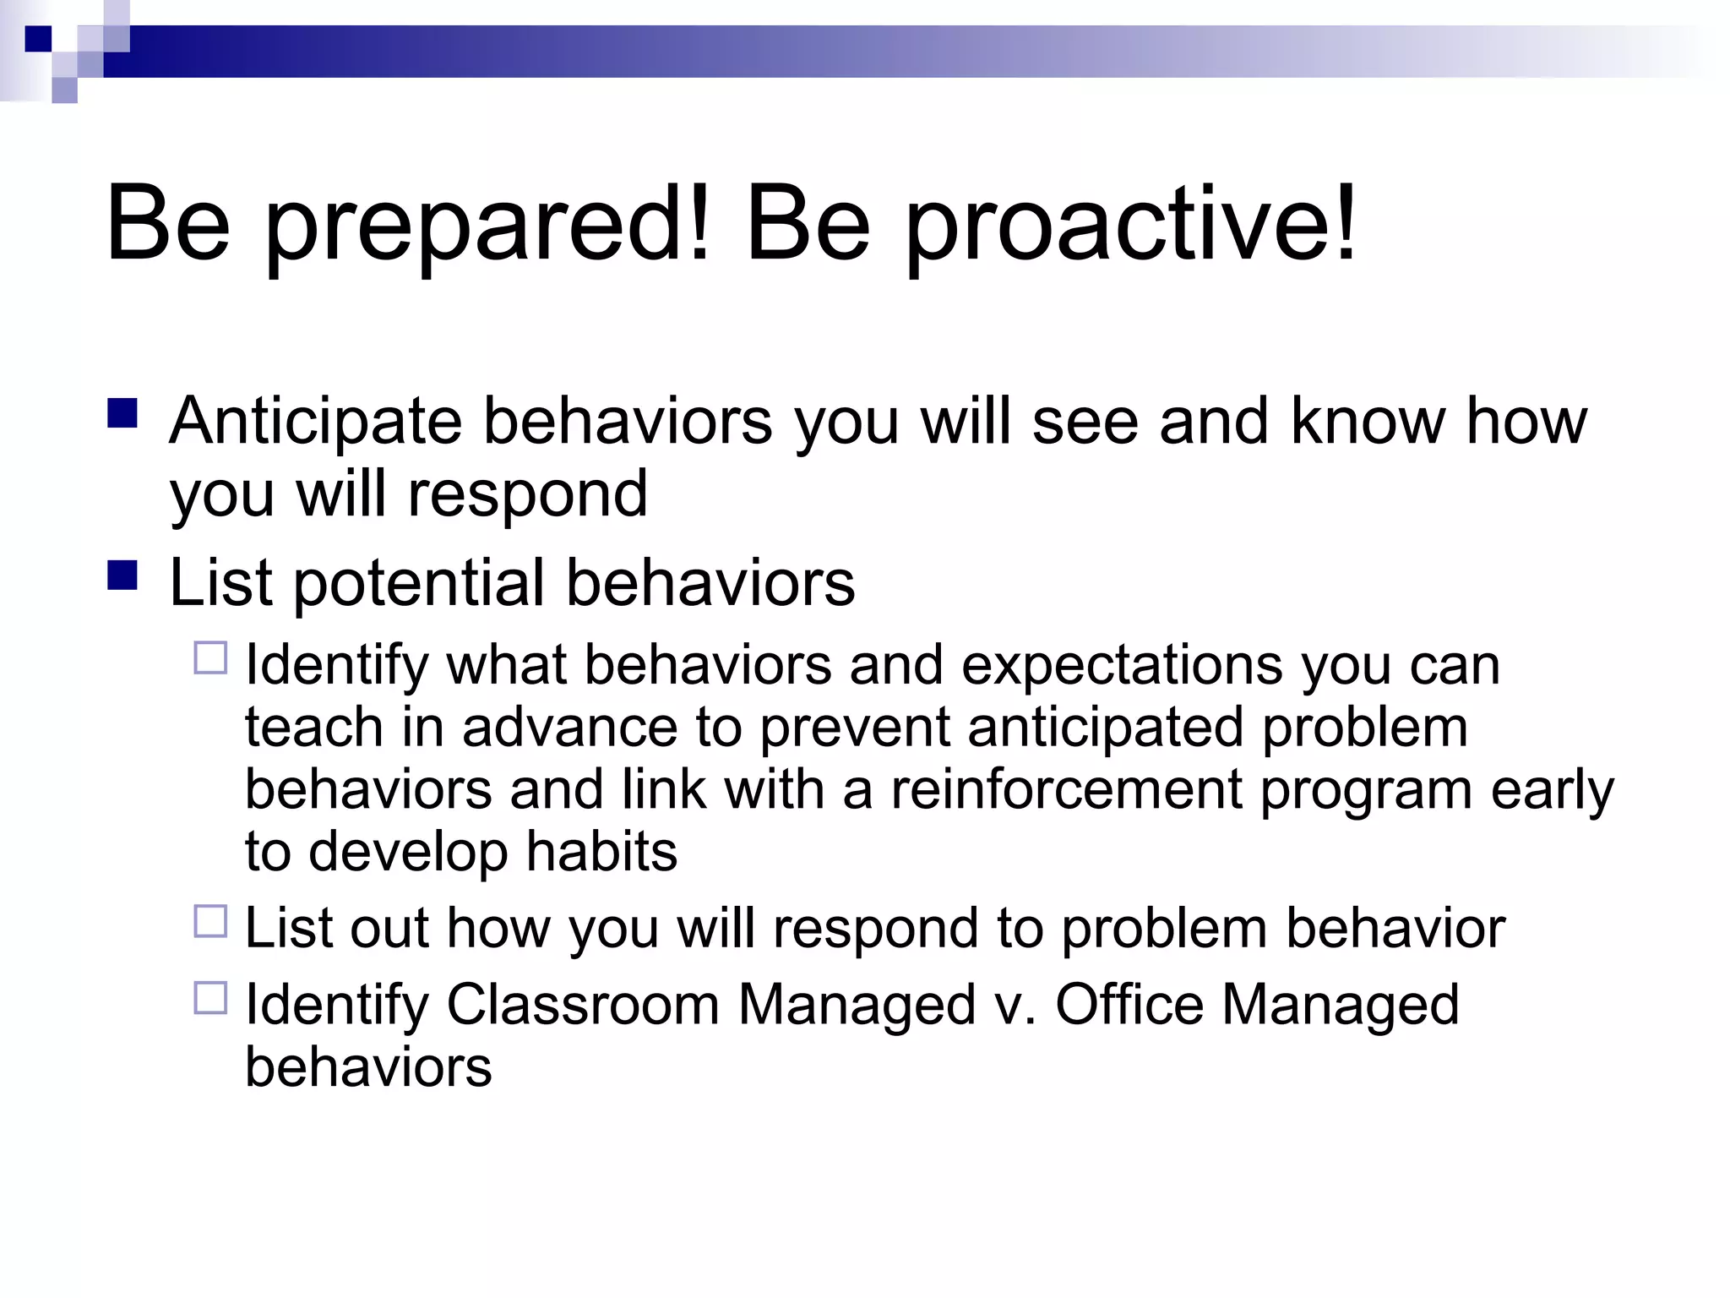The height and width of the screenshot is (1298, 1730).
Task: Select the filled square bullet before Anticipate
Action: coord(123,414)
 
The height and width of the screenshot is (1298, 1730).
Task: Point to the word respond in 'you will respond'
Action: coord(527,495)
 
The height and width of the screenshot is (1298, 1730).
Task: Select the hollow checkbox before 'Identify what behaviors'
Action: coord(211,657)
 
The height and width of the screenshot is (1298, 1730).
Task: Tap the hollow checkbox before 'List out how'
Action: coord(211,921)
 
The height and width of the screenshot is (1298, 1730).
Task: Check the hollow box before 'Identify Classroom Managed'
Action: coord(211,997)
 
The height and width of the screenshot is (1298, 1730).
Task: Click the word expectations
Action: coord(1122,666)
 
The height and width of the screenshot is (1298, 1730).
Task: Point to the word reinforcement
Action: coord(1066,790)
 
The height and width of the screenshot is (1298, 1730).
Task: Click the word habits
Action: coord(601,852)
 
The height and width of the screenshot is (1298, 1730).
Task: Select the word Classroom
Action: coord(582,1006)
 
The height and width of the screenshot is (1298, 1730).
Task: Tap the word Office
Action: coord(1129,1006)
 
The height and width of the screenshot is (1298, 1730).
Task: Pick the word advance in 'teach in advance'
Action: coord(569,728)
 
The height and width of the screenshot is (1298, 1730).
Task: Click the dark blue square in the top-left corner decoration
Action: coord(38,39)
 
